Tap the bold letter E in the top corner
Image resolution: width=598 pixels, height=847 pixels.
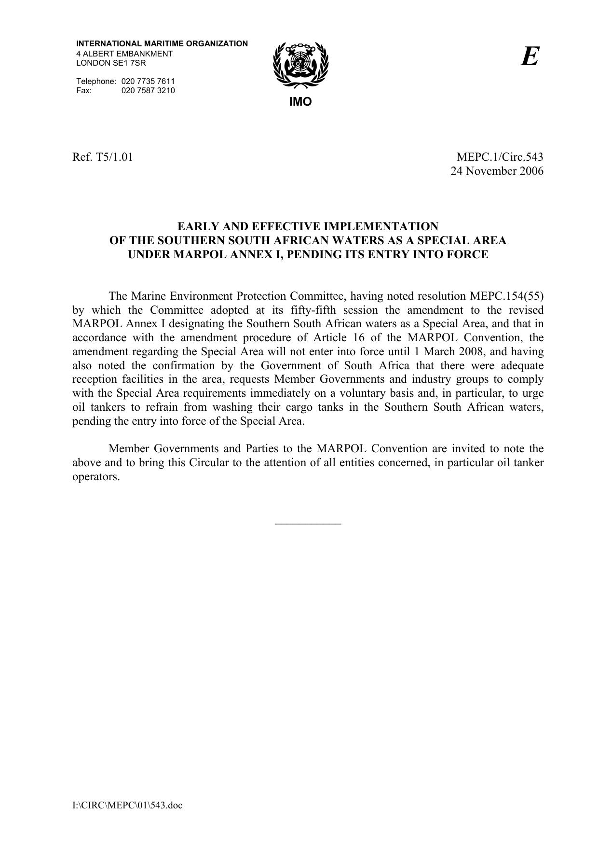(x=530, y=57)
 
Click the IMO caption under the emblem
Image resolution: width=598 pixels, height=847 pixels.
(x=300, y=102)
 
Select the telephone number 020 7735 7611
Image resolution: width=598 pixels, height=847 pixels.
(x=148, y=81)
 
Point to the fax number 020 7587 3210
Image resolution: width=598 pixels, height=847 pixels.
(x=148, y=90)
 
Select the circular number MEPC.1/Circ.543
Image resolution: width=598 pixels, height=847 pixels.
(x=500, y=157)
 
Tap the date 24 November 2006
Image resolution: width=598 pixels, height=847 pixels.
(x=497, y=171)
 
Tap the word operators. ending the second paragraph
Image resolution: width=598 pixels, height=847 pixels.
(x=96, y=477)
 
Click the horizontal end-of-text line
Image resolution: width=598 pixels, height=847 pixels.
(x=308, y=523)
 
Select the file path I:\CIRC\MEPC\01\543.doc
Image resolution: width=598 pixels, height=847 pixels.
(x=127, y=805)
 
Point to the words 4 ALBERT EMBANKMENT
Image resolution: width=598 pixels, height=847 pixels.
(x=124, y=54)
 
